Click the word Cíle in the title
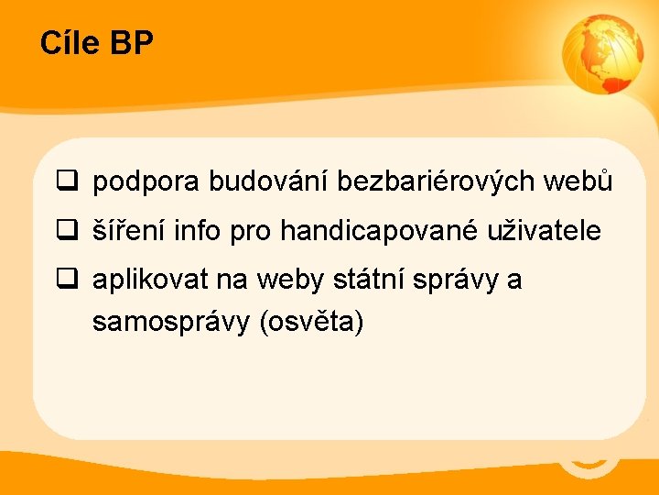pyautogui.click(x=70, y=43)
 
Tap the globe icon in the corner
pyautogui.click(x=602, y=56)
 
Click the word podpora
pyautogui.click(x=146, y=182)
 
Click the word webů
pyautogui.click(x=578, y=182)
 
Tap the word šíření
pyautogui.click(x=128, y=231)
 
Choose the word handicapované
pyautogui.click(x=378, y=231)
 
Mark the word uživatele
pyautogui.click(x=544, y=231)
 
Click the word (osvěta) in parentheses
pyautogui.click(x=312, y=323)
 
